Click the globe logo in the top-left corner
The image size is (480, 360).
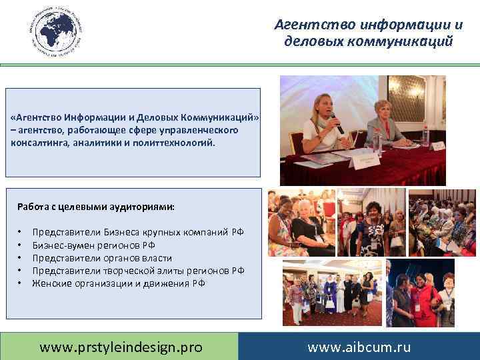click(54, 31)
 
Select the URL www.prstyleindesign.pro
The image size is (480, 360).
click(121, 347)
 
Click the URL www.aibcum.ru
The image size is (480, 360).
click(359, 347)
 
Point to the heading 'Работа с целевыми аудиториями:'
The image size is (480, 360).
click(96, 207)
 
